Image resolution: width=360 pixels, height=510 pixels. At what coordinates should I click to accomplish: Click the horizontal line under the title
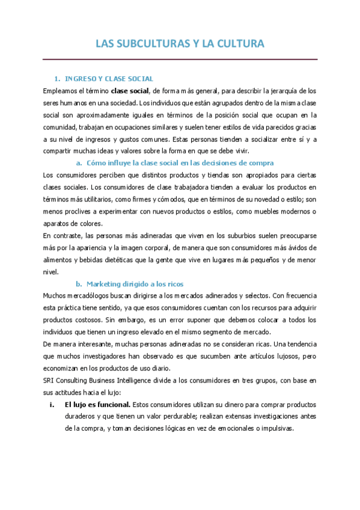180,60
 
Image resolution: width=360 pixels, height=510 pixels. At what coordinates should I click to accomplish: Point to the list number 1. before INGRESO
57,79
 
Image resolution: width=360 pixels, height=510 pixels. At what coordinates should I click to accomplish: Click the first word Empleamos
61,91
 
